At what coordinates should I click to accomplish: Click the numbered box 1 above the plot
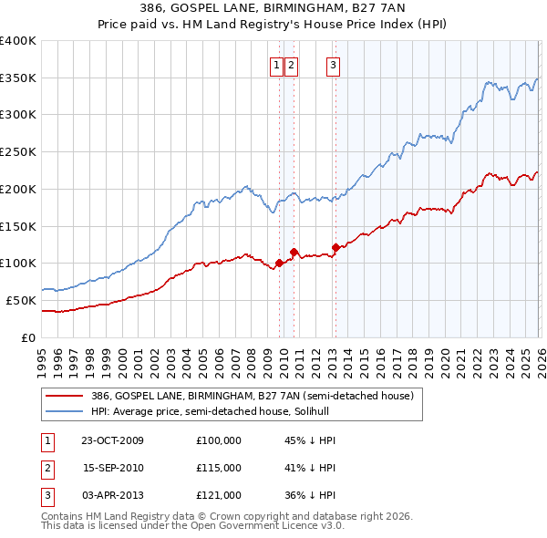tap(275, 65)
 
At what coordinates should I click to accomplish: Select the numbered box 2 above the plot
tap(291, 65)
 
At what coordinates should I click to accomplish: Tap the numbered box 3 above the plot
tap(333, 65)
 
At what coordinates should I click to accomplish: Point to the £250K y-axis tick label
tap(18, 151)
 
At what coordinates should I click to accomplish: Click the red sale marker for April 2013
tap(335, 247)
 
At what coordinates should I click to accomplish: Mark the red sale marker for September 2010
tap(294, 252)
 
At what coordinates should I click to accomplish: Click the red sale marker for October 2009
tap(279, 264)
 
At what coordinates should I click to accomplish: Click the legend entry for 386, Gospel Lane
tap(253, 396)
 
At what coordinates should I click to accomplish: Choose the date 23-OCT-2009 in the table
tap(112, 440)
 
